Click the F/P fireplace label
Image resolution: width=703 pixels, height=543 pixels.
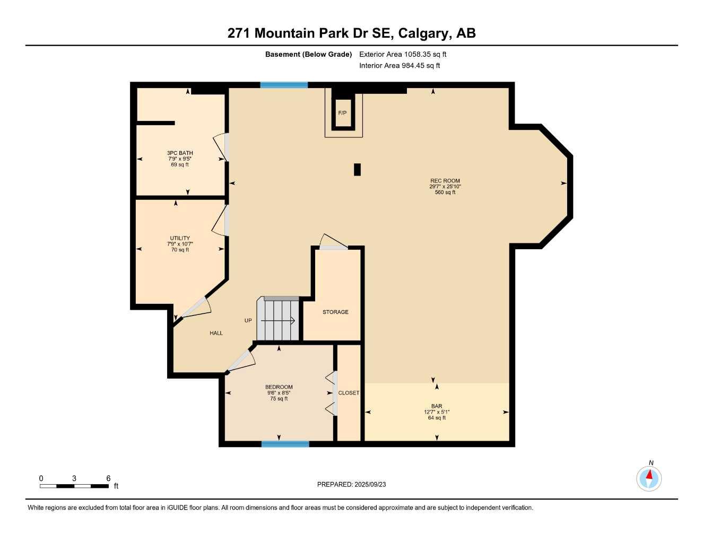click(342, 113)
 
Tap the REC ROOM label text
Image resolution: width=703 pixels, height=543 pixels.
click(445, 181)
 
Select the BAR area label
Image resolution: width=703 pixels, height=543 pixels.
click(437, 406)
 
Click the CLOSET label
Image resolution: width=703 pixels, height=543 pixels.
click(349, 393)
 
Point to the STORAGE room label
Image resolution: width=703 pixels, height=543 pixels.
click(335, 312)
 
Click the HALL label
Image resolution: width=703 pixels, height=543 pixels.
click(216, 333)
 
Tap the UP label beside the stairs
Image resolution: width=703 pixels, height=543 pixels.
click(248, 320)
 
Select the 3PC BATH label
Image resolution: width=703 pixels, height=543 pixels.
click(180, 153)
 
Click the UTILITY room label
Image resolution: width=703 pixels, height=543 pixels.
click(180, 238)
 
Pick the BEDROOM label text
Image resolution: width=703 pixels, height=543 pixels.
click(279, 387)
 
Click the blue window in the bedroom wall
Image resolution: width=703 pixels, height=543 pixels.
click(285, 444)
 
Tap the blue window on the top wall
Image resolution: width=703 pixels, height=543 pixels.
click(284, 85)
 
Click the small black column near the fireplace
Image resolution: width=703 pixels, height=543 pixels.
click(357, 169)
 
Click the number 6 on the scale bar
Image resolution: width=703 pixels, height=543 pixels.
click(108, 478)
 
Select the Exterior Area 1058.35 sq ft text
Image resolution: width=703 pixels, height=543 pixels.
click(403, 54)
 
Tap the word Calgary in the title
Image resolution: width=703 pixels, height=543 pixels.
click(422, 33)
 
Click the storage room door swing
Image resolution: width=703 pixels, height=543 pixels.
click(332, 242)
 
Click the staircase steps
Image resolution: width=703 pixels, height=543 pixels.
click(278, 320)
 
